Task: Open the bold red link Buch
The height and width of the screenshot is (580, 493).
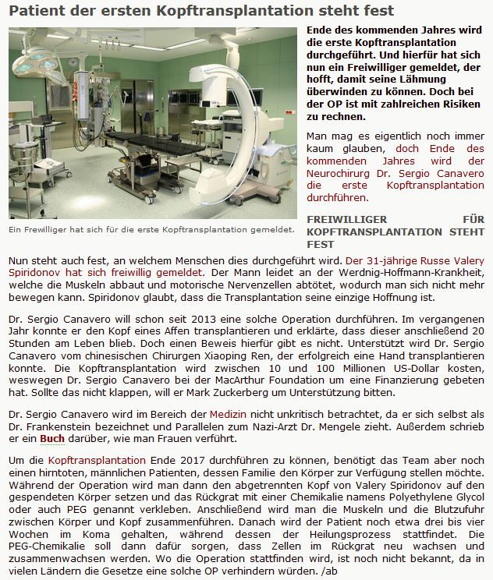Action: (x=52, y=438)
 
